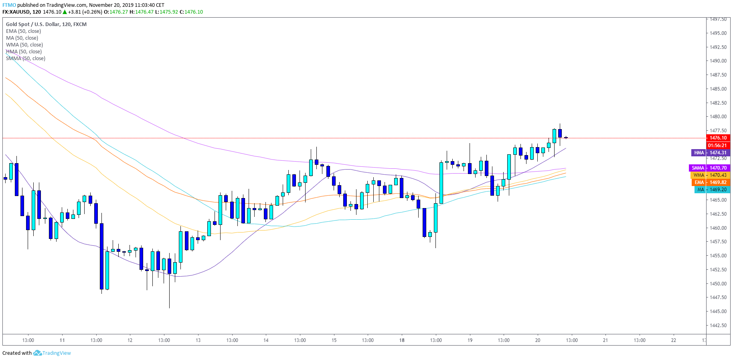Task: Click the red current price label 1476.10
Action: [x=718, y=138]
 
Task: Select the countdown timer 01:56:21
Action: [x=717, y=146]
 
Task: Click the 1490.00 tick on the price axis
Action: [x=718, y=61]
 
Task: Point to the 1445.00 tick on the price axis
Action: [x=718, y=311]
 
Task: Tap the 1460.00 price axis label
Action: [x=718, y=228]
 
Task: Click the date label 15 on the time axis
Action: [x=334, y=340]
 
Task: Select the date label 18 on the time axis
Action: [x=402, y=340]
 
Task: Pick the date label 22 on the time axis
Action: [x=674, y=340]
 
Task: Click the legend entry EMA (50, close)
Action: [x=23, y=31]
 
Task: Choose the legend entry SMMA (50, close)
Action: [x=26, y=59]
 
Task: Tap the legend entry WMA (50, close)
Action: [x=24, y=45]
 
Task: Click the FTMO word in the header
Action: [x=9, y=5]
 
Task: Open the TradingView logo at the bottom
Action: [x=52, y=353]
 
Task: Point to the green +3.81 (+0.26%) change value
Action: [x=85, y=12]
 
